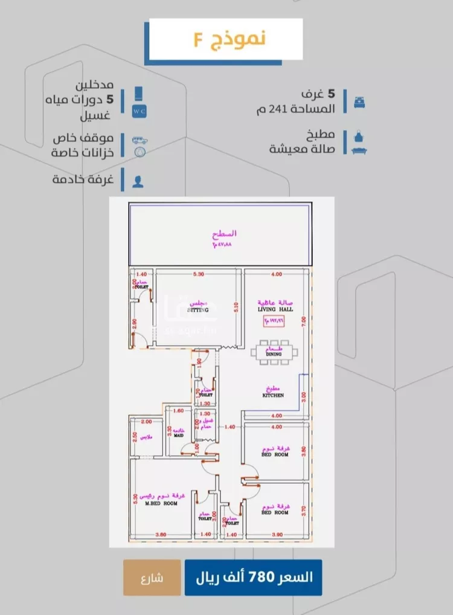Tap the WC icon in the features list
(x=140, y=111)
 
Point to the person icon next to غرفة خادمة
(x=138, y=179)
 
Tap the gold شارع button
(x=152, y=578)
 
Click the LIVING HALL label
(x=275, y=309)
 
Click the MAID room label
(x=179, y=434)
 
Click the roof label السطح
(x=224, y=233)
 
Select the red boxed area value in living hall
(x=275, y=321)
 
